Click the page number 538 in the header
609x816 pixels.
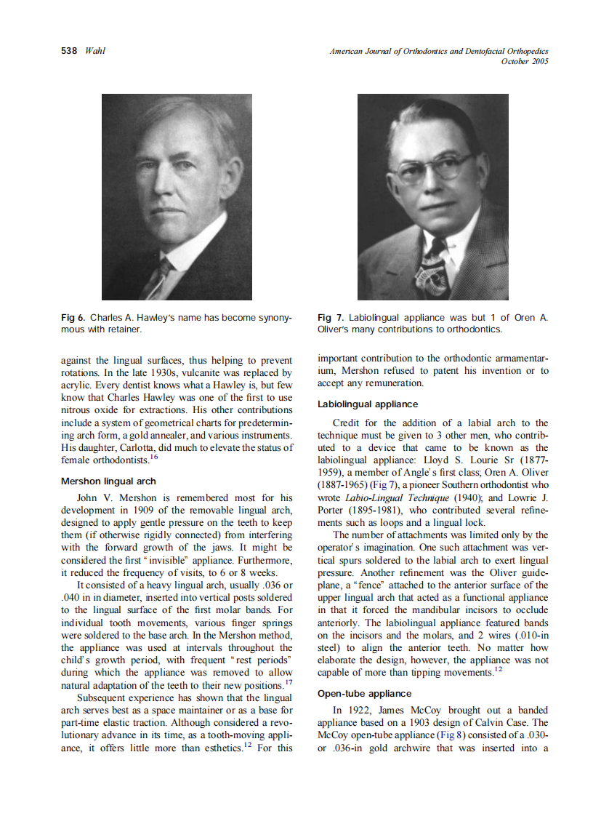[x=70, y=51]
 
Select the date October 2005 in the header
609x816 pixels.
[x=524, y=61]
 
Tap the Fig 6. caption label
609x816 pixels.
[x=73, y=318]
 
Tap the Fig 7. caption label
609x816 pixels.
[x=331, y=318]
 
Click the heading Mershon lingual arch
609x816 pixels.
[x=108, y=481]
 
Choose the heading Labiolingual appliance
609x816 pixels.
[x=368, y=404]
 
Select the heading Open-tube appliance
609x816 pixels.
[x=364, y=693]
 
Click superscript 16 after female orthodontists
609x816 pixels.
[x=153, y=456]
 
